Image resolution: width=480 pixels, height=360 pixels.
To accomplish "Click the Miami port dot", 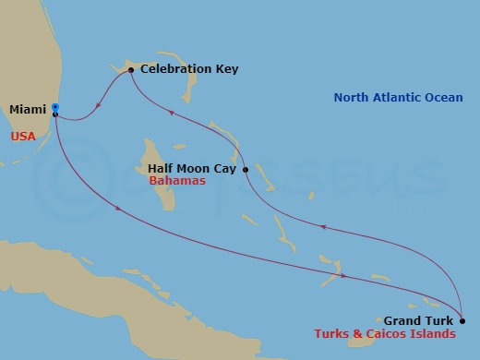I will click(55, 114).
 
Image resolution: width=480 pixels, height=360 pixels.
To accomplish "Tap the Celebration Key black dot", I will click(131, 70).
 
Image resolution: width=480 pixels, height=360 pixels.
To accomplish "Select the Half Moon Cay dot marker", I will click(246, 170).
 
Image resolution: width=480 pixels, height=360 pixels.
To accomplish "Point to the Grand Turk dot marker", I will click(462, 321).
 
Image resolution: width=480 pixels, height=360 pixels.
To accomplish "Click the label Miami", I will click(27, 110).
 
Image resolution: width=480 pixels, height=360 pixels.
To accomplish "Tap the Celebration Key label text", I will click(183, 69).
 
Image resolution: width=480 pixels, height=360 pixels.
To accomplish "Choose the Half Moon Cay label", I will click(193, 169).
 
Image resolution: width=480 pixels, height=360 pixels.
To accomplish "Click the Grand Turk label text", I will click(421, 321).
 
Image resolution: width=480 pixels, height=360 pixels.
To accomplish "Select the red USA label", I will click(24, 136).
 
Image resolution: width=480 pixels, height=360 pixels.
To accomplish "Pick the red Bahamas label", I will click(177, 182).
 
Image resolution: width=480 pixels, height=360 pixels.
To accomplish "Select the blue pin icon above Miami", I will click(55, 106).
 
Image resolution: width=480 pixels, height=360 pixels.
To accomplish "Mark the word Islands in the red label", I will click(433, 334).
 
